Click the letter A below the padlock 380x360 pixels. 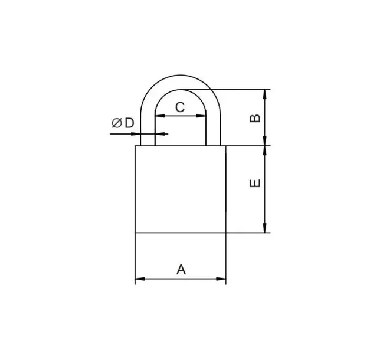coord(181,270)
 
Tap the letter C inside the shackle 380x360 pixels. coord(181,107)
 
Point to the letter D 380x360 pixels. coord(129,123)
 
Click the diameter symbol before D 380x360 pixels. coord(116,123)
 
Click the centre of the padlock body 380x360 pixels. coord(181,189)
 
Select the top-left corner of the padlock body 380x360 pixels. coord(136,146)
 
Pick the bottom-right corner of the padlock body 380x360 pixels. coord(226,233)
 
